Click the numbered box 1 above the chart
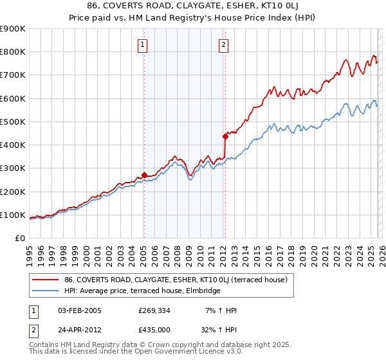click(x=142, y=45)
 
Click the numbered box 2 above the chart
click(x=223, y=45)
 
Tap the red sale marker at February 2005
click(x=144, y=175)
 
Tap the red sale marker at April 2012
click(x=225, y=136)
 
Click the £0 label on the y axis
click(x=19, y=238)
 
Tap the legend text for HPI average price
click(x=142, y=291)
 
